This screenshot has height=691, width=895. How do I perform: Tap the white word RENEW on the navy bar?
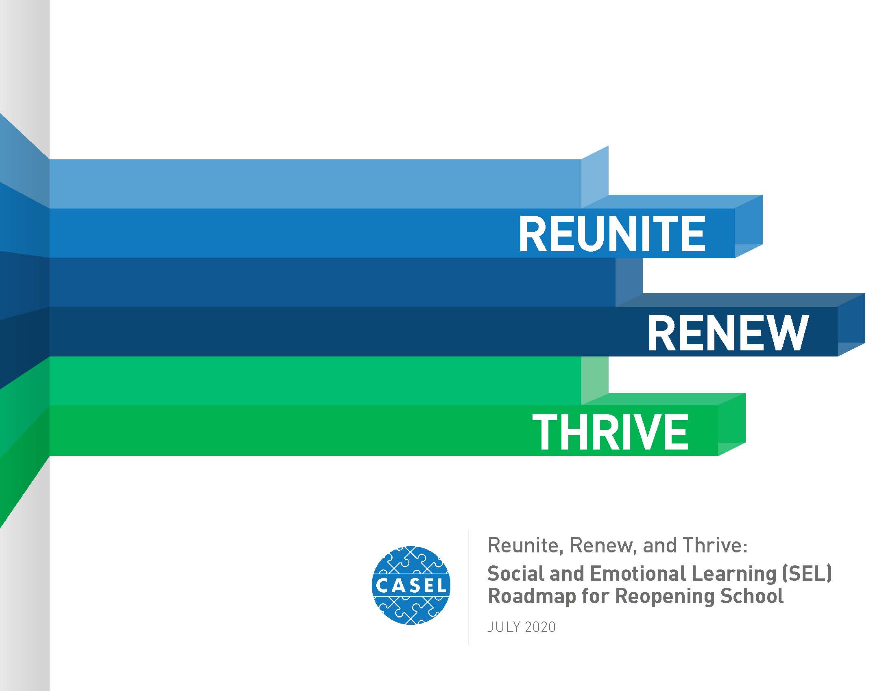[728, 333]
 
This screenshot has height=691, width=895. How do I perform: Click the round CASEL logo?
[411, 585]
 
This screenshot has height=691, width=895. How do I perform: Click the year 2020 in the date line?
[540, 627]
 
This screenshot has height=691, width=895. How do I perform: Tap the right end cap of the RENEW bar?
[851, 325]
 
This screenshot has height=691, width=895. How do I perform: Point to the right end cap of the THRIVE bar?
[731, 424]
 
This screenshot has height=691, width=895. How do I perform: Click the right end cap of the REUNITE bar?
[749, 226]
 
